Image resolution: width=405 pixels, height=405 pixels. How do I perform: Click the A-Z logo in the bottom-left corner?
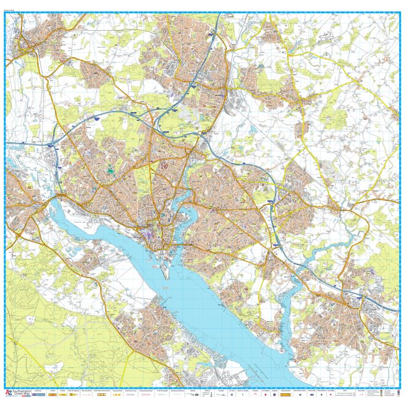[x=8, y=394]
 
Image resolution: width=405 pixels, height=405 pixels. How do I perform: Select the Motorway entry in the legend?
[x=38, y=394]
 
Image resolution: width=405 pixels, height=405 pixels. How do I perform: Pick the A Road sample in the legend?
[x=52, y=394]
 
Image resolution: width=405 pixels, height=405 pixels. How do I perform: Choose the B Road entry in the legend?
[x=62, y=394]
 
